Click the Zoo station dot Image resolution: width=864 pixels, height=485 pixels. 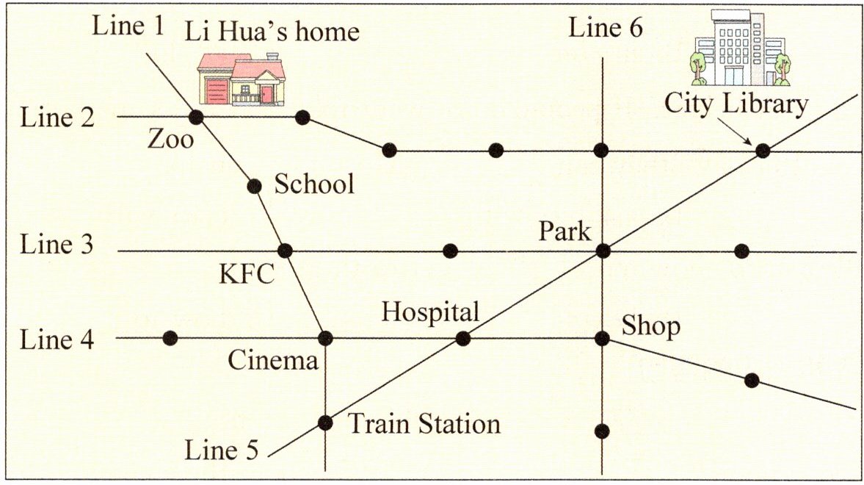[x=196, y=117]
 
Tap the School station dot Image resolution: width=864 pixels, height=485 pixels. [x=255, y=186]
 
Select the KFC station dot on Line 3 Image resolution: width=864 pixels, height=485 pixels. [x=286, y=251]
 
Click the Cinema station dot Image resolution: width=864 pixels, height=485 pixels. [x=325, y=338]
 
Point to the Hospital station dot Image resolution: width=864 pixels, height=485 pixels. [x=462, y=338]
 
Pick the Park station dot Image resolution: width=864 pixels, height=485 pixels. [x=603, y=251]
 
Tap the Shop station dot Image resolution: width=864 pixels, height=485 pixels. [x=603, y=338]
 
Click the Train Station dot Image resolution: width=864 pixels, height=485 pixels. [x=325, y=423]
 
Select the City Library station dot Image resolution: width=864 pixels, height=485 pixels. [x=763, y=151]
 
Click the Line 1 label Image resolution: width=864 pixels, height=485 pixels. [x=129, y=26]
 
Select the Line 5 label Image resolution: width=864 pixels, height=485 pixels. [x=222, y=450]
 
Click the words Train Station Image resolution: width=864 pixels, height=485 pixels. [x=424, y=424]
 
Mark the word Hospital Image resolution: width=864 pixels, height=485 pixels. [x=430, y=312]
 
